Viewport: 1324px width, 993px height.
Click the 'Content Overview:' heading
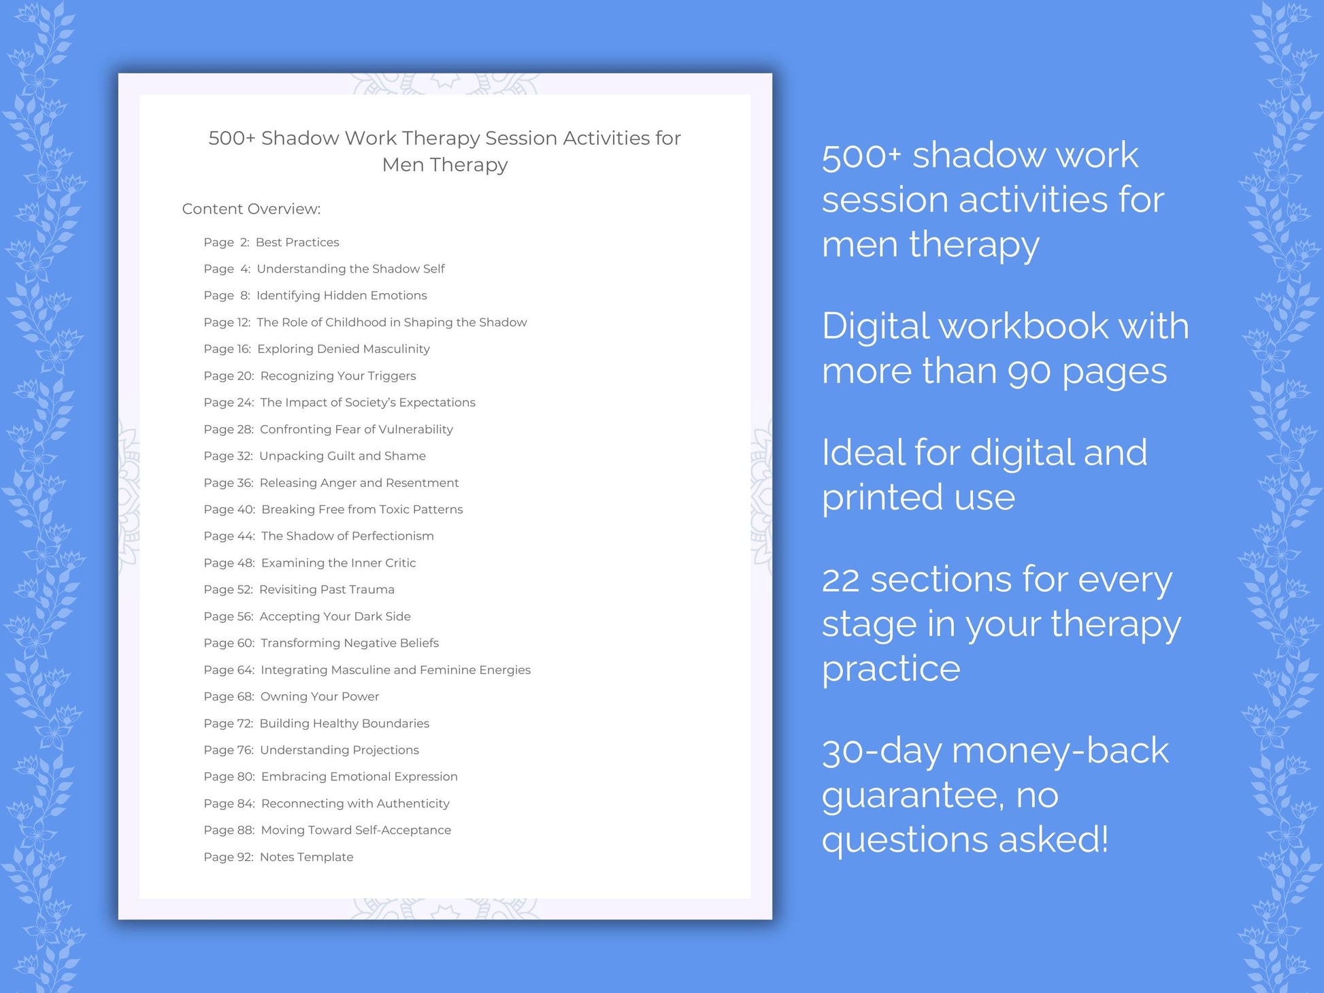(x=251, y=209)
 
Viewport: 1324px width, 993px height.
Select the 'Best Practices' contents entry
(x=297, y=242)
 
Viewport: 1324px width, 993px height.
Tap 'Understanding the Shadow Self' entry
(x=350, y=269)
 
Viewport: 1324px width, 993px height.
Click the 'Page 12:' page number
(x=227, y=322)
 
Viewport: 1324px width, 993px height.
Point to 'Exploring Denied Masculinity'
(x=344, y=349)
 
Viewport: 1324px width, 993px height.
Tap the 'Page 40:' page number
(x=229, y=509)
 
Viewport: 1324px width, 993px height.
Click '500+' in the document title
(x=231, y=138)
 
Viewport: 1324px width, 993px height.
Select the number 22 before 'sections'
(x=841, y=580)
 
